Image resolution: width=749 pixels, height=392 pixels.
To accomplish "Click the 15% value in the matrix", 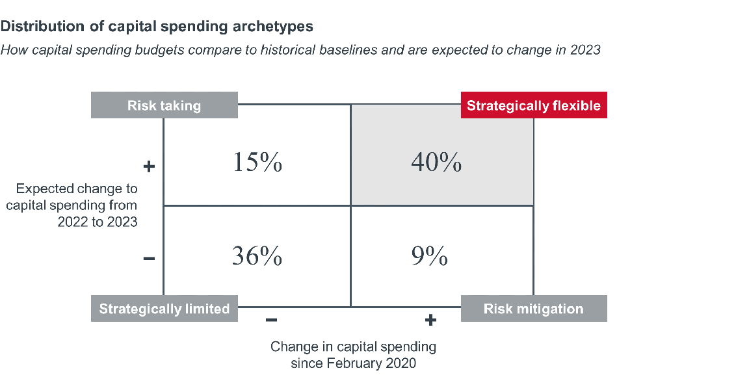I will (257, 162).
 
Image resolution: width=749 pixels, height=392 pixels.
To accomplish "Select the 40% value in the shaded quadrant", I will (436, 162).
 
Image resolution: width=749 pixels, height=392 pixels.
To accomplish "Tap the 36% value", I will (257, 257).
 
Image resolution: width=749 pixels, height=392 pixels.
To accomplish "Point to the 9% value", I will (429, 257).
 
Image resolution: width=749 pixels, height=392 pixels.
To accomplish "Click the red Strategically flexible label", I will (534, 105).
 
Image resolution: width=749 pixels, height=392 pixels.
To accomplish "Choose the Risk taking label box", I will (164, 105).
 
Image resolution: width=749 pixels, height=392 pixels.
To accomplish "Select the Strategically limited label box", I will (164, 309).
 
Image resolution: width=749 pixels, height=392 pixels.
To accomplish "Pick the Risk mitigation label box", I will (534, 309).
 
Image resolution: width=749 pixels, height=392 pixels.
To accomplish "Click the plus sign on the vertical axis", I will (149, 166).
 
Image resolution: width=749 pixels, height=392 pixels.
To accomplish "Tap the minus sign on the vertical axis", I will (149, 259).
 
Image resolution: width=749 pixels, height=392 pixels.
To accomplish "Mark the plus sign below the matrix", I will (430, 320).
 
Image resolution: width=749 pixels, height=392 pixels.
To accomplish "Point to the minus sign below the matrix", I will (272, 320).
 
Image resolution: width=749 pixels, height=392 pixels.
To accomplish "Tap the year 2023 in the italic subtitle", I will (585, 50).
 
